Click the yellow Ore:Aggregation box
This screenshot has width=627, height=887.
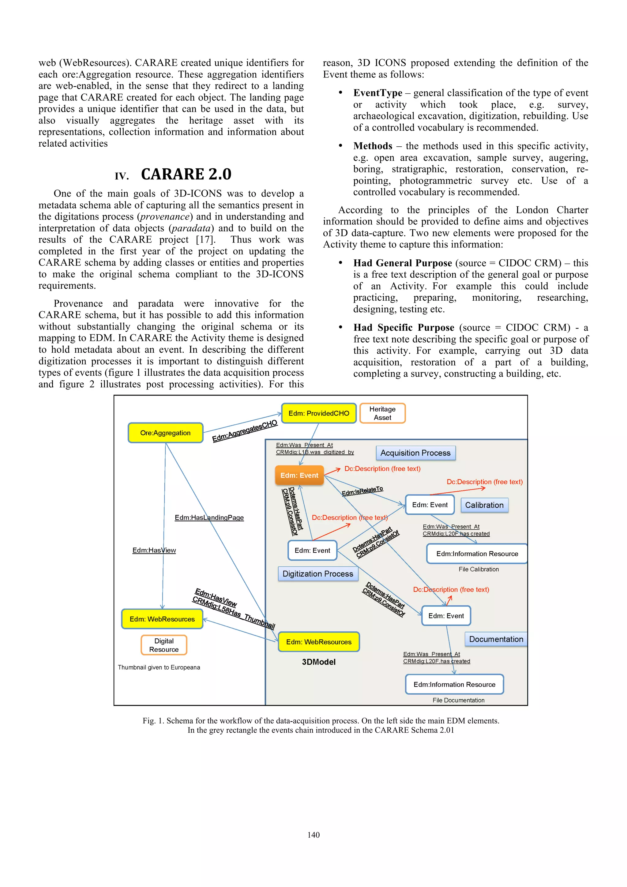(x=165, y=433)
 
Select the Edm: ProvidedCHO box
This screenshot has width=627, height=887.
(x=319, y=413)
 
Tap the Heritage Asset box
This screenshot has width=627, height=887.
(x=382, y=413)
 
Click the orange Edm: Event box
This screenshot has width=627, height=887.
(x=299, y=475)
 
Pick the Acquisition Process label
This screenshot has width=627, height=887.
(x=415, y=453)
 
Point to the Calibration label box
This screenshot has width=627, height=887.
(x=484, y=505)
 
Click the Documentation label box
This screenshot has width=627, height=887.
(x=496, y=639)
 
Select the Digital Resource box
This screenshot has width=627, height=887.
(x=164, y=645)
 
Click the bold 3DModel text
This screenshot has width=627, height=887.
(x=319, y=662)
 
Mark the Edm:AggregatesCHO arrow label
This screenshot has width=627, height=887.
(x=245, y=431)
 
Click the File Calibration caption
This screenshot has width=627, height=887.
(x=478, y=569)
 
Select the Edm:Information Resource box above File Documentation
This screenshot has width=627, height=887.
(x=454, y=684)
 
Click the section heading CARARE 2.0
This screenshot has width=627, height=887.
(x=186, y=174)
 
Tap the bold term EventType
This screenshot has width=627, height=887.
(x=377, y=93)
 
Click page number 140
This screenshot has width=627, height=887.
(x=313, y=835)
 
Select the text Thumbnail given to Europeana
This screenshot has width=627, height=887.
(x=159, y=667)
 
